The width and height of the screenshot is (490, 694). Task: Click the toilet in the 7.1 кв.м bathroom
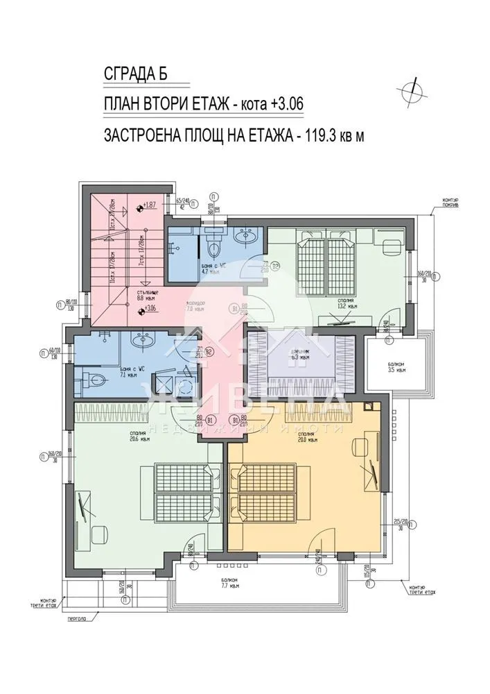coord(93,379)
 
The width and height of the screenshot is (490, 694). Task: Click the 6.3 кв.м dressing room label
coord(299,356)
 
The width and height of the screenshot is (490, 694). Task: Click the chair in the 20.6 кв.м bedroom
coord(100,533)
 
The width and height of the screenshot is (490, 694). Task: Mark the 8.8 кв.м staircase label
coord(145,296)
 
